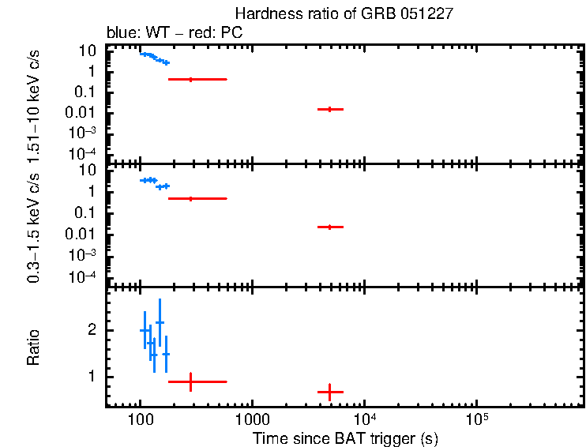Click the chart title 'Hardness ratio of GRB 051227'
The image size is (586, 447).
(344, 13)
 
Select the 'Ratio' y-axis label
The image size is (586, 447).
(33, 347)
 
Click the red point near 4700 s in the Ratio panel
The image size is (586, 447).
(330, 392)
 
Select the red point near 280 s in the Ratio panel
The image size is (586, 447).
(190, 381)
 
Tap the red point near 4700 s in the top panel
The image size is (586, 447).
(330, 109)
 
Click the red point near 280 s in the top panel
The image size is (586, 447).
(190, 79)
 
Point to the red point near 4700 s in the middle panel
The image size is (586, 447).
(330, 227)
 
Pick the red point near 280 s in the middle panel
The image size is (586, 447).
(190, 198)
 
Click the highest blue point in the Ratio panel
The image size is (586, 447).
(160, 322)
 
